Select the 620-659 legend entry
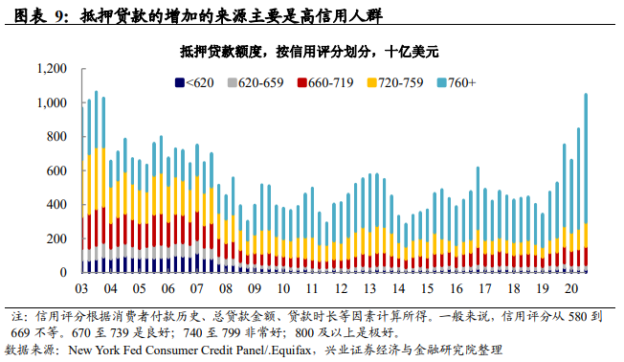256,82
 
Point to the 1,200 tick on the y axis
53,69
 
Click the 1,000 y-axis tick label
53,103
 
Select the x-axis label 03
82,287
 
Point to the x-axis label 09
255,287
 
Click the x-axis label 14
398,287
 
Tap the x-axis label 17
484,287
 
